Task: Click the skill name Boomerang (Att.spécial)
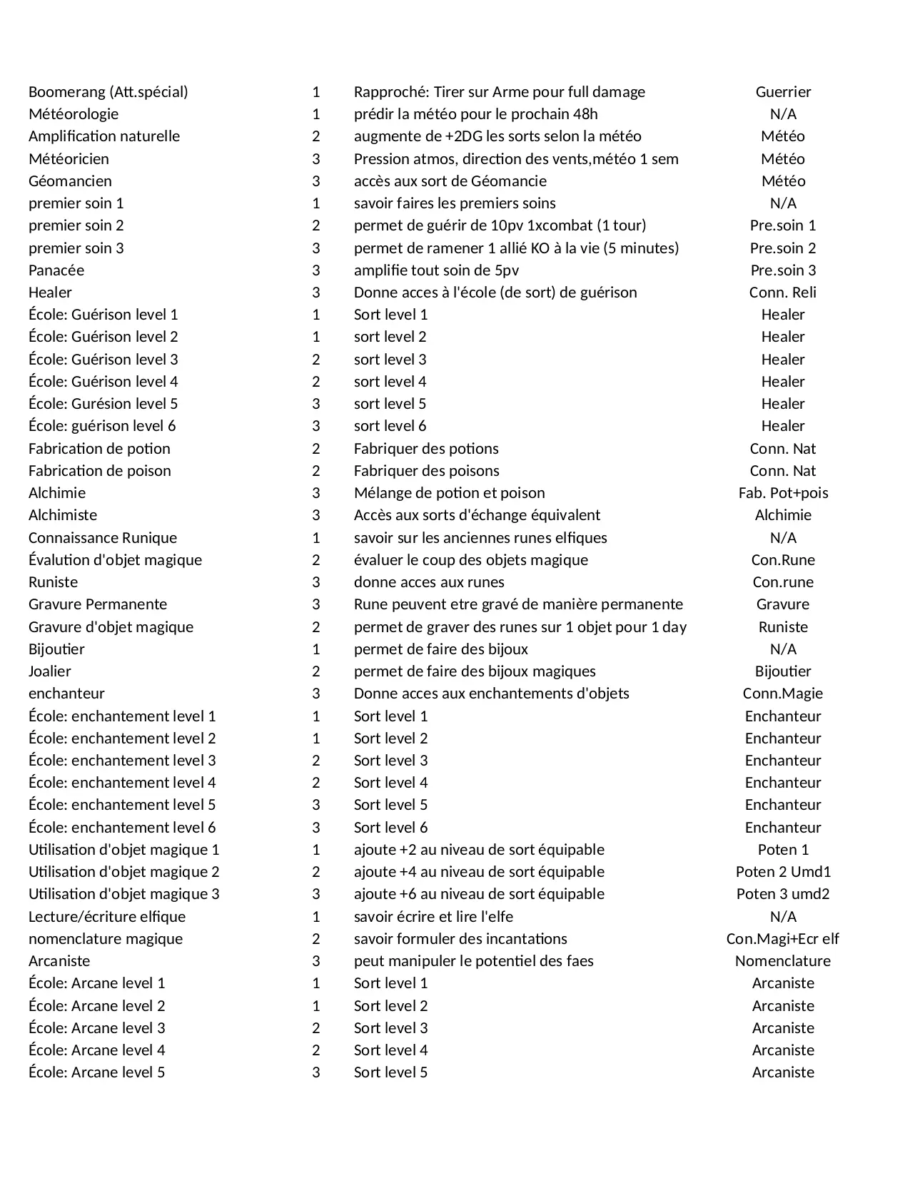[x=108, y=92]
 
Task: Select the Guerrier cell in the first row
[x=783, y=92]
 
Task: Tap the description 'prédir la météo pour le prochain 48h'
[x=475, y=114]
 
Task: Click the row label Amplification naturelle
[x=104, y=136]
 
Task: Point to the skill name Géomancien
[x=70, y=181]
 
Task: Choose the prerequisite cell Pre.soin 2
[x=783, y=248]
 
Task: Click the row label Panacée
[x=56, y=270]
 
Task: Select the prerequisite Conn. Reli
[x=783, y=293]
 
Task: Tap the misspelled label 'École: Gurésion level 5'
[x=103, y=404]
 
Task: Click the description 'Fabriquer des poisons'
[x=426, y=471]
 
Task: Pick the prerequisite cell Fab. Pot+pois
[x=783, y=493]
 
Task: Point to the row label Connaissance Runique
[x=103, y=538]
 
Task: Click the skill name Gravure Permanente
[x=98, y=604]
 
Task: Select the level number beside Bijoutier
[x=316, y=649]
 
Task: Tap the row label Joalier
[x=50, y=671]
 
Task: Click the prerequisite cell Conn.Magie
[x=783, y=694]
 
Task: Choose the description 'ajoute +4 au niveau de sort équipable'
[x=479, y=872]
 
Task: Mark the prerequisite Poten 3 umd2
[x=783, y=894]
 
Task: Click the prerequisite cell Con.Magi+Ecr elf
[x=783, y=939]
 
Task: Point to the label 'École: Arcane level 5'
[x=96, y=1072]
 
